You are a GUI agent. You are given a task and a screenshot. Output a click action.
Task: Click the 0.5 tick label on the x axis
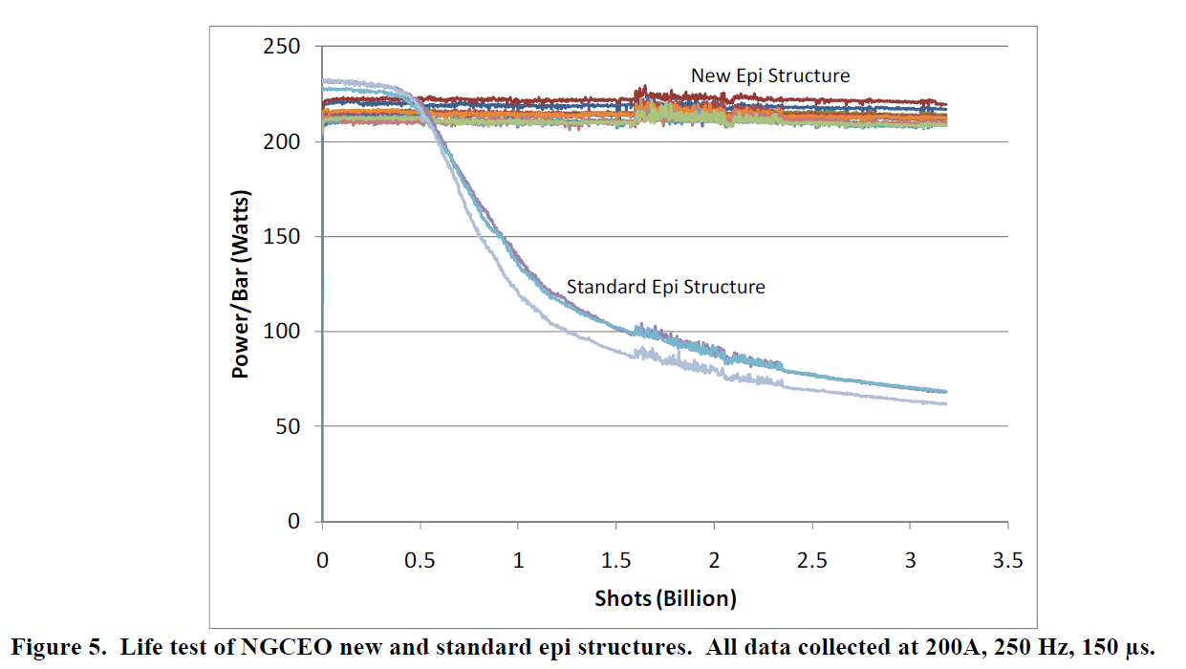[420, 561]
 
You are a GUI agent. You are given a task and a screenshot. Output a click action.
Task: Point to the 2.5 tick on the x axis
[812, 561]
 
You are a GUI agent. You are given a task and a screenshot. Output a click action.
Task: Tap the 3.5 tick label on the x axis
[1007, 561]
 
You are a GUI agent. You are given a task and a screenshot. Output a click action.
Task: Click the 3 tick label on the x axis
[910, 561]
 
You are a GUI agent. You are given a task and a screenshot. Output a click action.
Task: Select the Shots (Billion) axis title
[665, 599]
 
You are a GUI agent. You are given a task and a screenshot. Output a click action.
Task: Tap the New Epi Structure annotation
[770, 75]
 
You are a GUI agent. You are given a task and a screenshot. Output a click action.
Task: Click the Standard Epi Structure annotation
[665, 286]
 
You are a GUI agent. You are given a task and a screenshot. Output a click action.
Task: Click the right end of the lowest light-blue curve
[946, 403]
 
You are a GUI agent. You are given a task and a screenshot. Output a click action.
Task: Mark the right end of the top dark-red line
[946, 104]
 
